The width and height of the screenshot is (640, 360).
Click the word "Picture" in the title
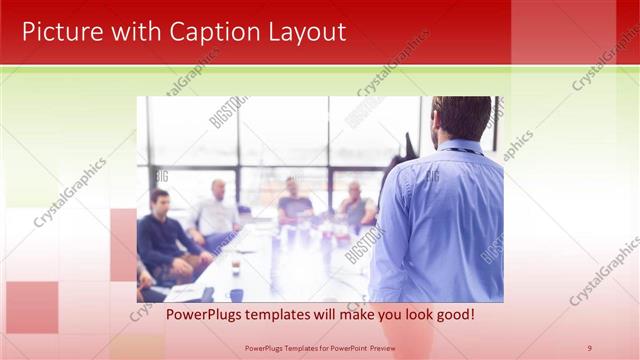click(60, 32)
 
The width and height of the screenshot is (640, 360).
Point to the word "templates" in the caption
click(280, 315)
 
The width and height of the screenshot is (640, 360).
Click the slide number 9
click(590, 348)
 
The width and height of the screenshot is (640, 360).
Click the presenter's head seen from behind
click(462, 118)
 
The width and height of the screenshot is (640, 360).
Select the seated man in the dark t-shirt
click(294, 203)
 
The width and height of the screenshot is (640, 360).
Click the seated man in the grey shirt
click(355, 205)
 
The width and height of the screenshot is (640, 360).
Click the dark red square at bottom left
click(31, 306)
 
